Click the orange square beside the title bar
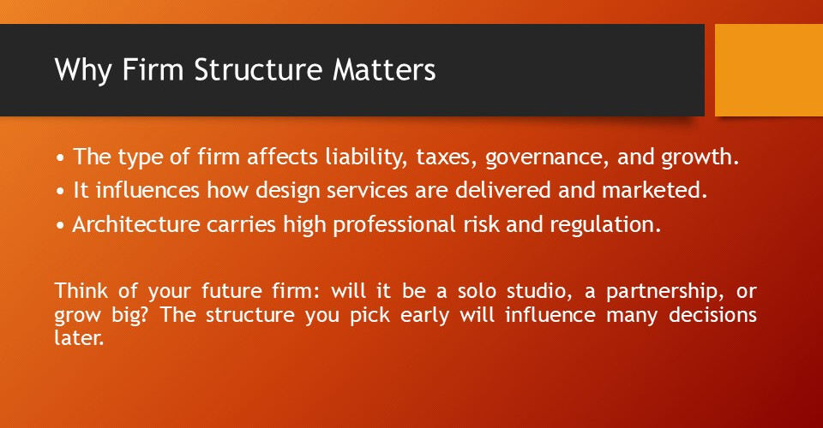point(768,69)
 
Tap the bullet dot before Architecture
point(59,225)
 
